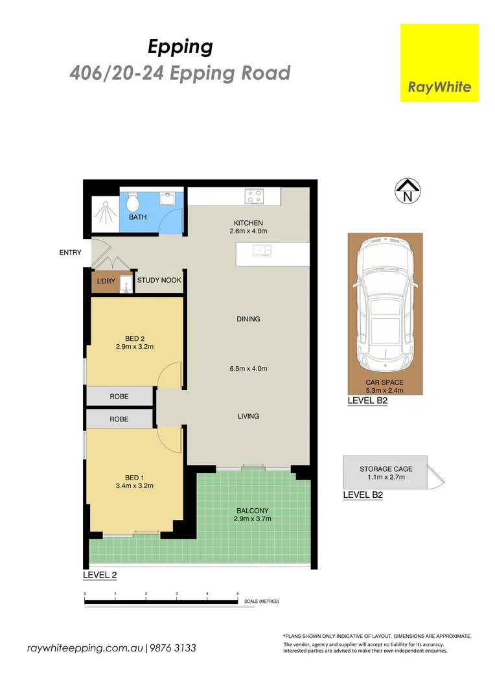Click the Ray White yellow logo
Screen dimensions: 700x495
click(439, 63)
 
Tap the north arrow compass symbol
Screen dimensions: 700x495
click(408, 191)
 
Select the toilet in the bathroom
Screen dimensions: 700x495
click(134, 202)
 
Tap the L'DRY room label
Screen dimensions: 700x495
click(105, 281)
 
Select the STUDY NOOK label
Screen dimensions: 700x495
click(159, 281)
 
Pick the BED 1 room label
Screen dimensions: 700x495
click(135, 477)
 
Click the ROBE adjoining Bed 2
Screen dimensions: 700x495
click(119, 396)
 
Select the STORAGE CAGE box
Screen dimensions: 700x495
click(386, 472)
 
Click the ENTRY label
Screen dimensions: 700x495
click(70, 253)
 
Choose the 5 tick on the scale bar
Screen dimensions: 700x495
click(238, 594)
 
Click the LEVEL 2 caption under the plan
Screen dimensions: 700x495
click(100, 575)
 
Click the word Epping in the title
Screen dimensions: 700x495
click(180, 47)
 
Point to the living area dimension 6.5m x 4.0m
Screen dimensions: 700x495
click(248, 369)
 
